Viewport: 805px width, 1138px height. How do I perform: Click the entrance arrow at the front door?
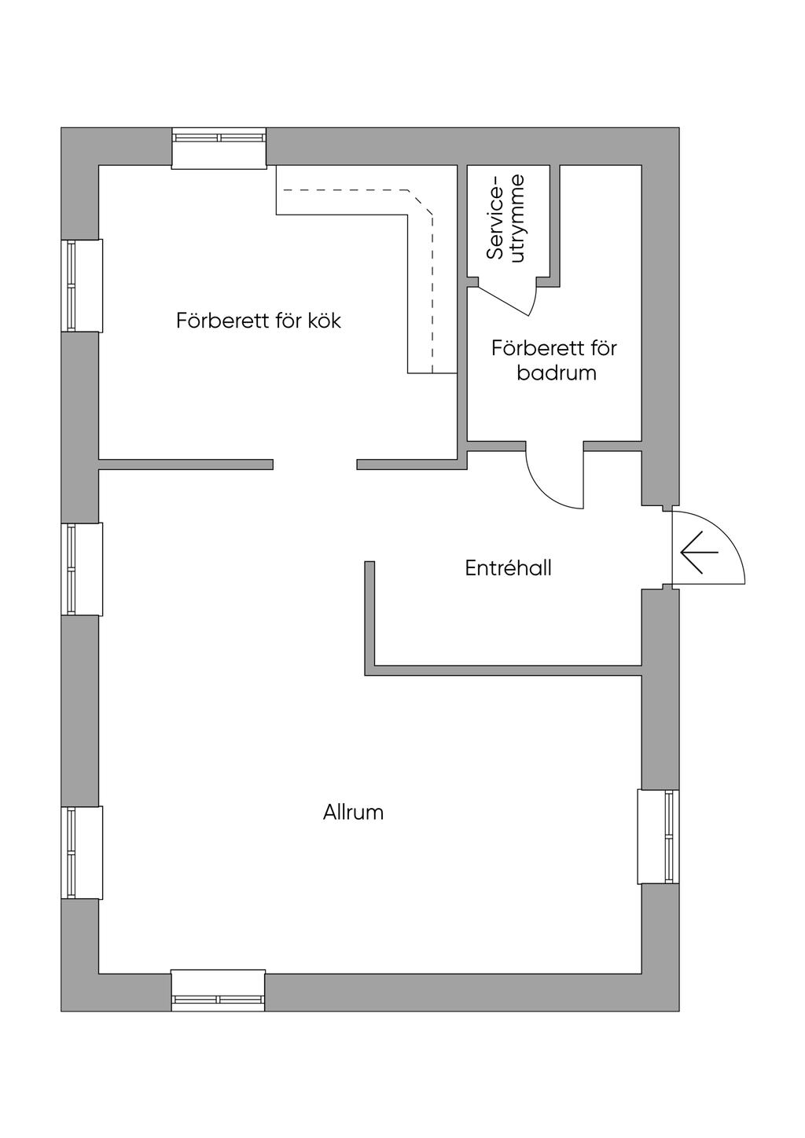click(x=699, y=553)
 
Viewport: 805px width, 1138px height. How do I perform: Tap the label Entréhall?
click(x=508, y=568)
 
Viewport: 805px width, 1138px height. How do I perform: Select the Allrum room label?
click(x=353, y=812)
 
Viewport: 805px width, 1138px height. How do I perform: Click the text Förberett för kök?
click(x=258, y=321)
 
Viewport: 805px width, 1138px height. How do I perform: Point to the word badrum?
click(x=556, y=373)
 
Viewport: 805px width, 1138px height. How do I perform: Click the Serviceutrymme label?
click(x=506, y=217)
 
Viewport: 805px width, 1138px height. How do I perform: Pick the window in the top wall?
click(x=219, y=147)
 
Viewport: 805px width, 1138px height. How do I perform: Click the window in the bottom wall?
click(x=219, y=990)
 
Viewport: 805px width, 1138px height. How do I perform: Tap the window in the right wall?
click(x=659, y=837)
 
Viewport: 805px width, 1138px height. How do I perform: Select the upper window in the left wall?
click(x=81, y=285)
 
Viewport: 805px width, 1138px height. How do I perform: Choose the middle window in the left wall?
click(x=81, y=569)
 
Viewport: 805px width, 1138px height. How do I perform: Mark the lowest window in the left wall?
click(x=81, y=853)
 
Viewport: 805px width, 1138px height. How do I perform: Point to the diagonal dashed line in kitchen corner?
click(x=421, y=202)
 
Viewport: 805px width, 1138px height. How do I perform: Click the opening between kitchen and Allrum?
click(x=314, y=464)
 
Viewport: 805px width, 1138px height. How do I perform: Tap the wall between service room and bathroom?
click(x=554, y=224)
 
